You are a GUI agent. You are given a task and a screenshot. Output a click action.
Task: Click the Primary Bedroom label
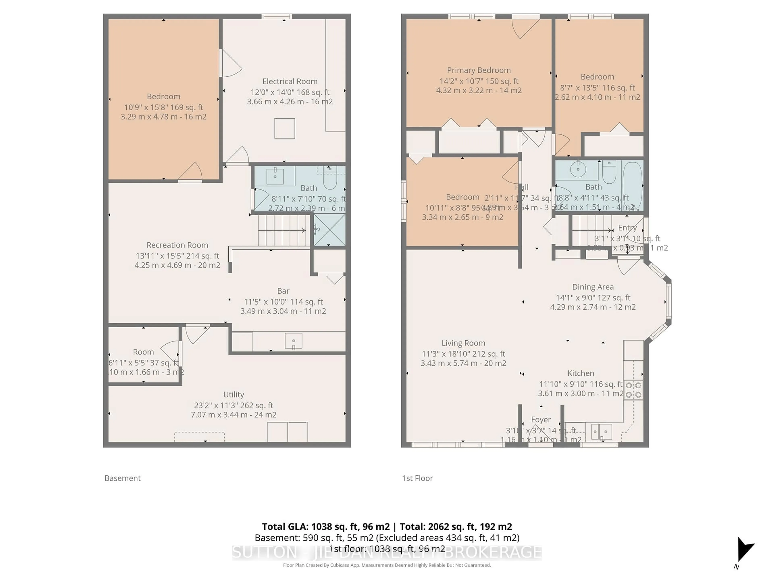point(479,70)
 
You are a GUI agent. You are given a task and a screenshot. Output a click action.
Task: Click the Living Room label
point(463,343)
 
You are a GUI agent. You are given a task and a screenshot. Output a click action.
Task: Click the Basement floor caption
point(123,478)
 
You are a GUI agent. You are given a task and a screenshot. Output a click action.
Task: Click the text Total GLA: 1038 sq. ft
point(325,527)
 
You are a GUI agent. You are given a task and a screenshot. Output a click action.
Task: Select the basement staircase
point(283,230)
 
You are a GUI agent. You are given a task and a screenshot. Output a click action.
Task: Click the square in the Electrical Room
point(284,129)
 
